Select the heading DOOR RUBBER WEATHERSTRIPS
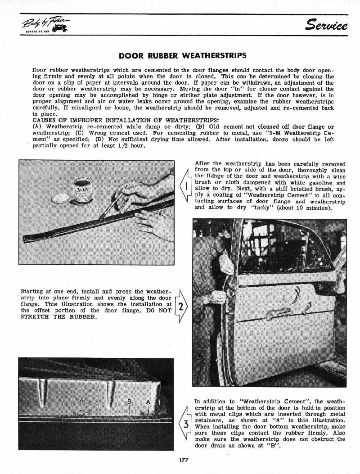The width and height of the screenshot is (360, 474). pos(182,56)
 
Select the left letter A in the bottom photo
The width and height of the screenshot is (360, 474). pos(81,401)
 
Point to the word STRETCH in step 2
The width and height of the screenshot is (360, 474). pos(38,316)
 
